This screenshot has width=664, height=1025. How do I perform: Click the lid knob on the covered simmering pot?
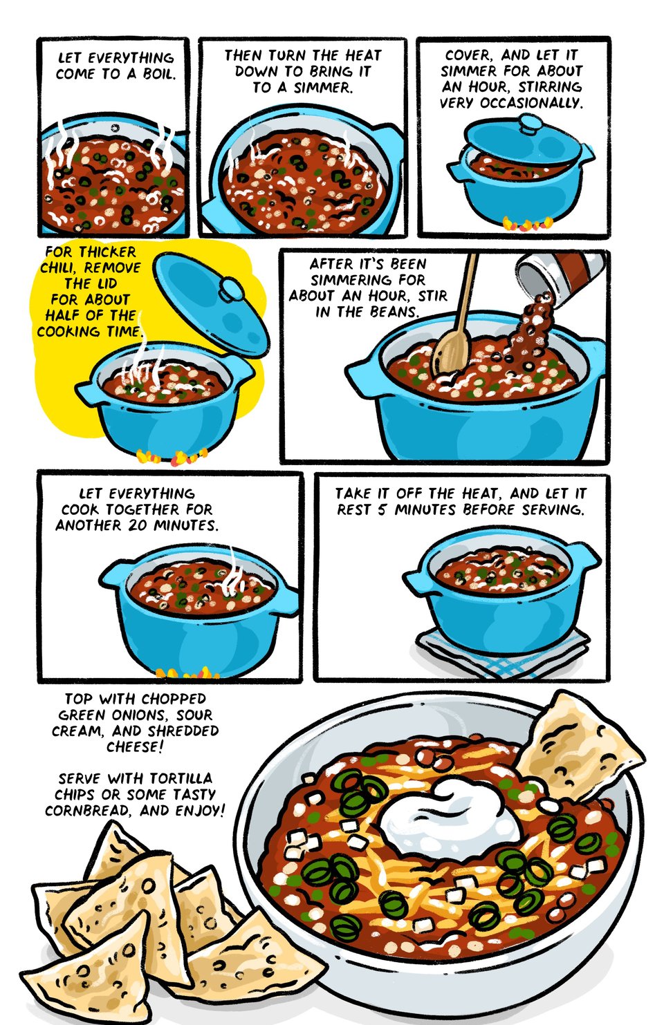531,125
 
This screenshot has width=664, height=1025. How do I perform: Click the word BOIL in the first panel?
158,74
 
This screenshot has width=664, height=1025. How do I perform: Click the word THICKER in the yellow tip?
109,252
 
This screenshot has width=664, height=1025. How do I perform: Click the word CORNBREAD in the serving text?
87,810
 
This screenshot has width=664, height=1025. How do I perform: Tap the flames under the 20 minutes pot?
183,673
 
